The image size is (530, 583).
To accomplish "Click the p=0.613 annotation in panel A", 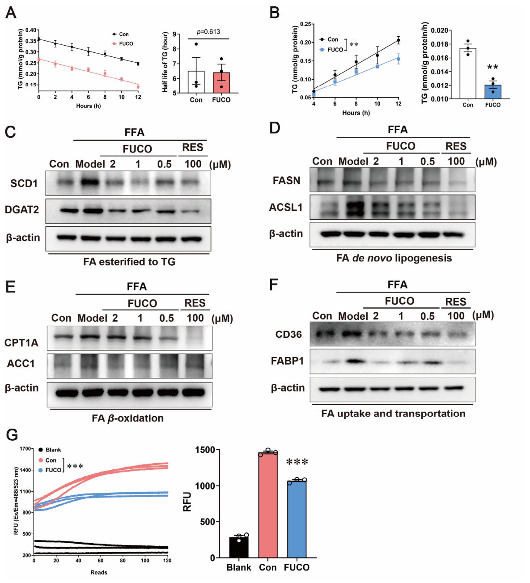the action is [208, 32].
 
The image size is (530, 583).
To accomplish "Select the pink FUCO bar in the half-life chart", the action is [221, 83].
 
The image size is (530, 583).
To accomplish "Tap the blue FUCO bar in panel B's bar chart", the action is [493, 92].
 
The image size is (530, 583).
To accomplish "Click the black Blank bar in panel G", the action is [238, 547].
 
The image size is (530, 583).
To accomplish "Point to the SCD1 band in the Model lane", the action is [90, 183].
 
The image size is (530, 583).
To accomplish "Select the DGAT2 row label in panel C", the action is [22, 209].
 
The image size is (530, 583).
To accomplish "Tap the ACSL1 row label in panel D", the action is [286, 207].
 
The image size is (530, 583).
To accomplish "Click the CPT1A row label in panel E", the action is [21, 343].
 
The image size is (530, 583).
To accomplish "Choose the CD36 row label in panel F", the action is [288, 335].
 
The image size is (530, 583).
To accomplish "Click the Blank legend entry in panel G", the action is [50, 450].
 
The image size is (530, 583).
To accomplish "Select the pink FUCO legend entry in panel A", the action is [123, 43].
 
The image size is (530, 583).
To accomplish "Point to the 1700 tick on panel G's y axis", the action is [25, 449].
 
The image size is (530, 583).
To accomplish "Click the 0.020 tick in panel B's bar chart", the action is [439, 30].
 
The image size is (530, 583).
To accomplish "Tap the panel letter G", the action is [12, 435].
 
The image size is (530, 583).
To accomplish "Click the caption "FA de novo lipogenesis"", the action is [394, 258].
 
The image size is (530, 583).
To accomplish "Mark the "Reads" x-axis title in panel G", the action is [99, 572].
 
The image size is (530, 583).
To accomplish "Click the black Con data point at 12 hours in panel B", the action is [399, 40].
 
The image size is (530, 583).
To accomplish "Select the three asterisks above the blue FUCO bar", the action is [297, 462].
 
